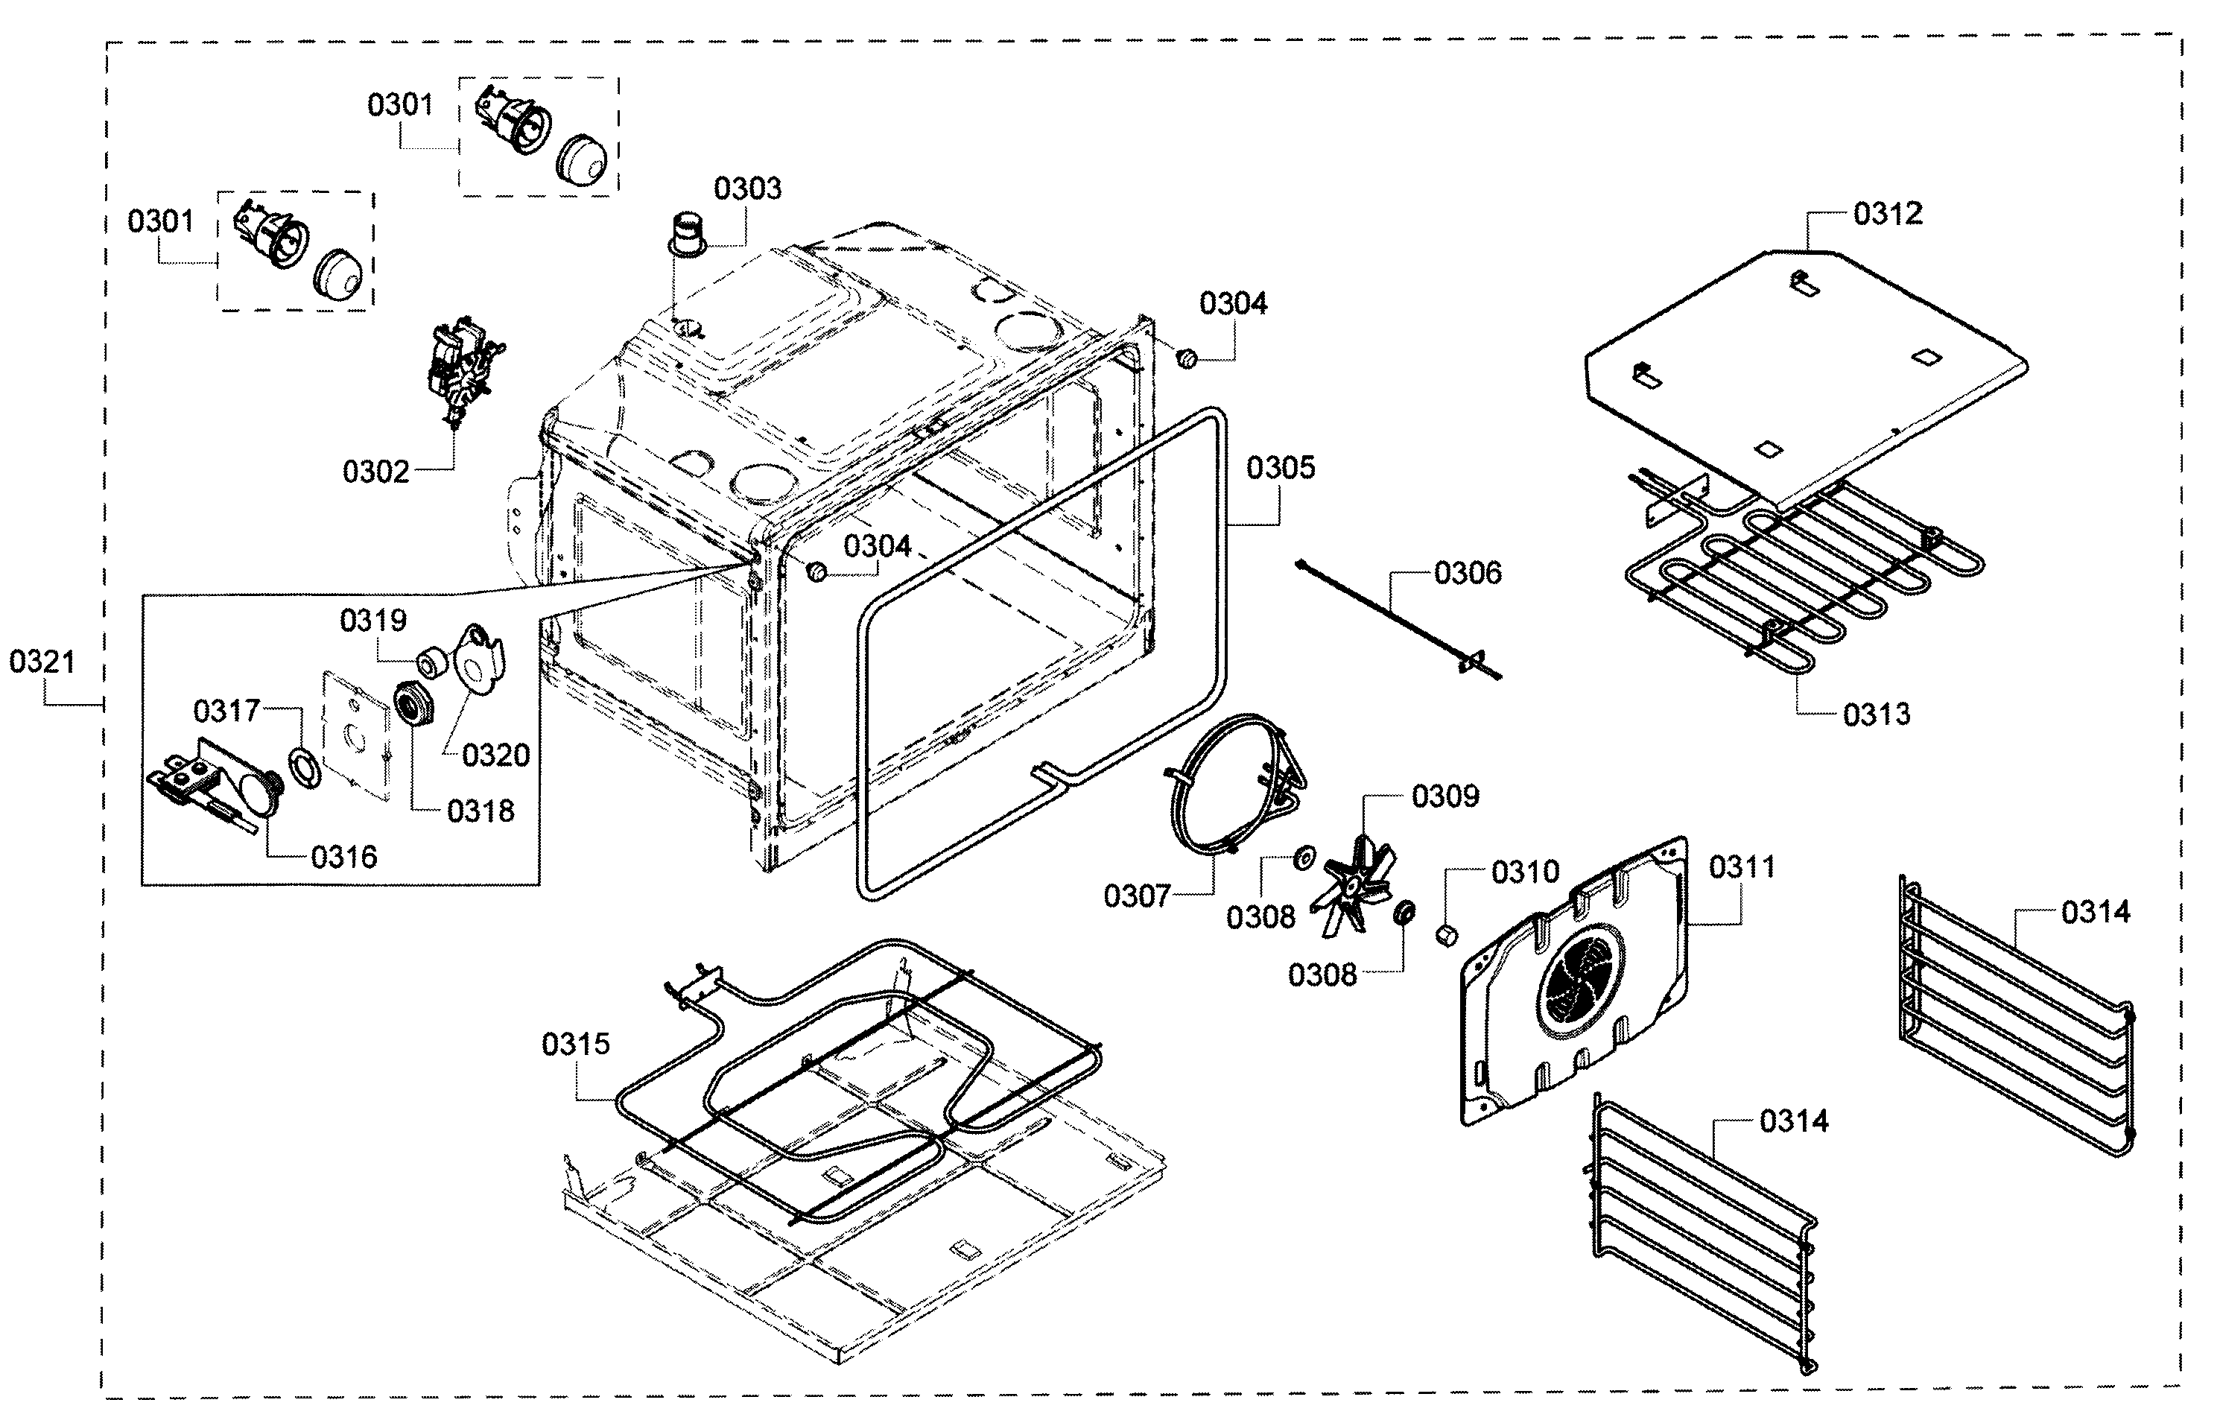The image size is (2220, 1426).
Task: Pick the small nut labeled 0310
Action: coord(1446,935)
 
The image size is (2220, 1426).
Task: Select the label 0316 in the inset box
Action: coord(343,857)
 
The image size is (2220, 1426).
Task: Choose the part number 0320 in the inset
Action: coord(495,755)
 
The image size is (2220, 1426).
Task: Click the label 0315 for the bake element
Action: coord(576,1044)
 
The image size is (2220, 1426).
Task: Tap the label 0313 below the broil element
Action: coord(1876,714)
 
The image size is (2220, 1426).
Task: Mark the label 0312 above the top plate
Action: coord(1887,214)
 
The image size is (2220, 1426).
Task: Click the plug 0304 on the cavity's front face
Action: coord(816,571)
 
